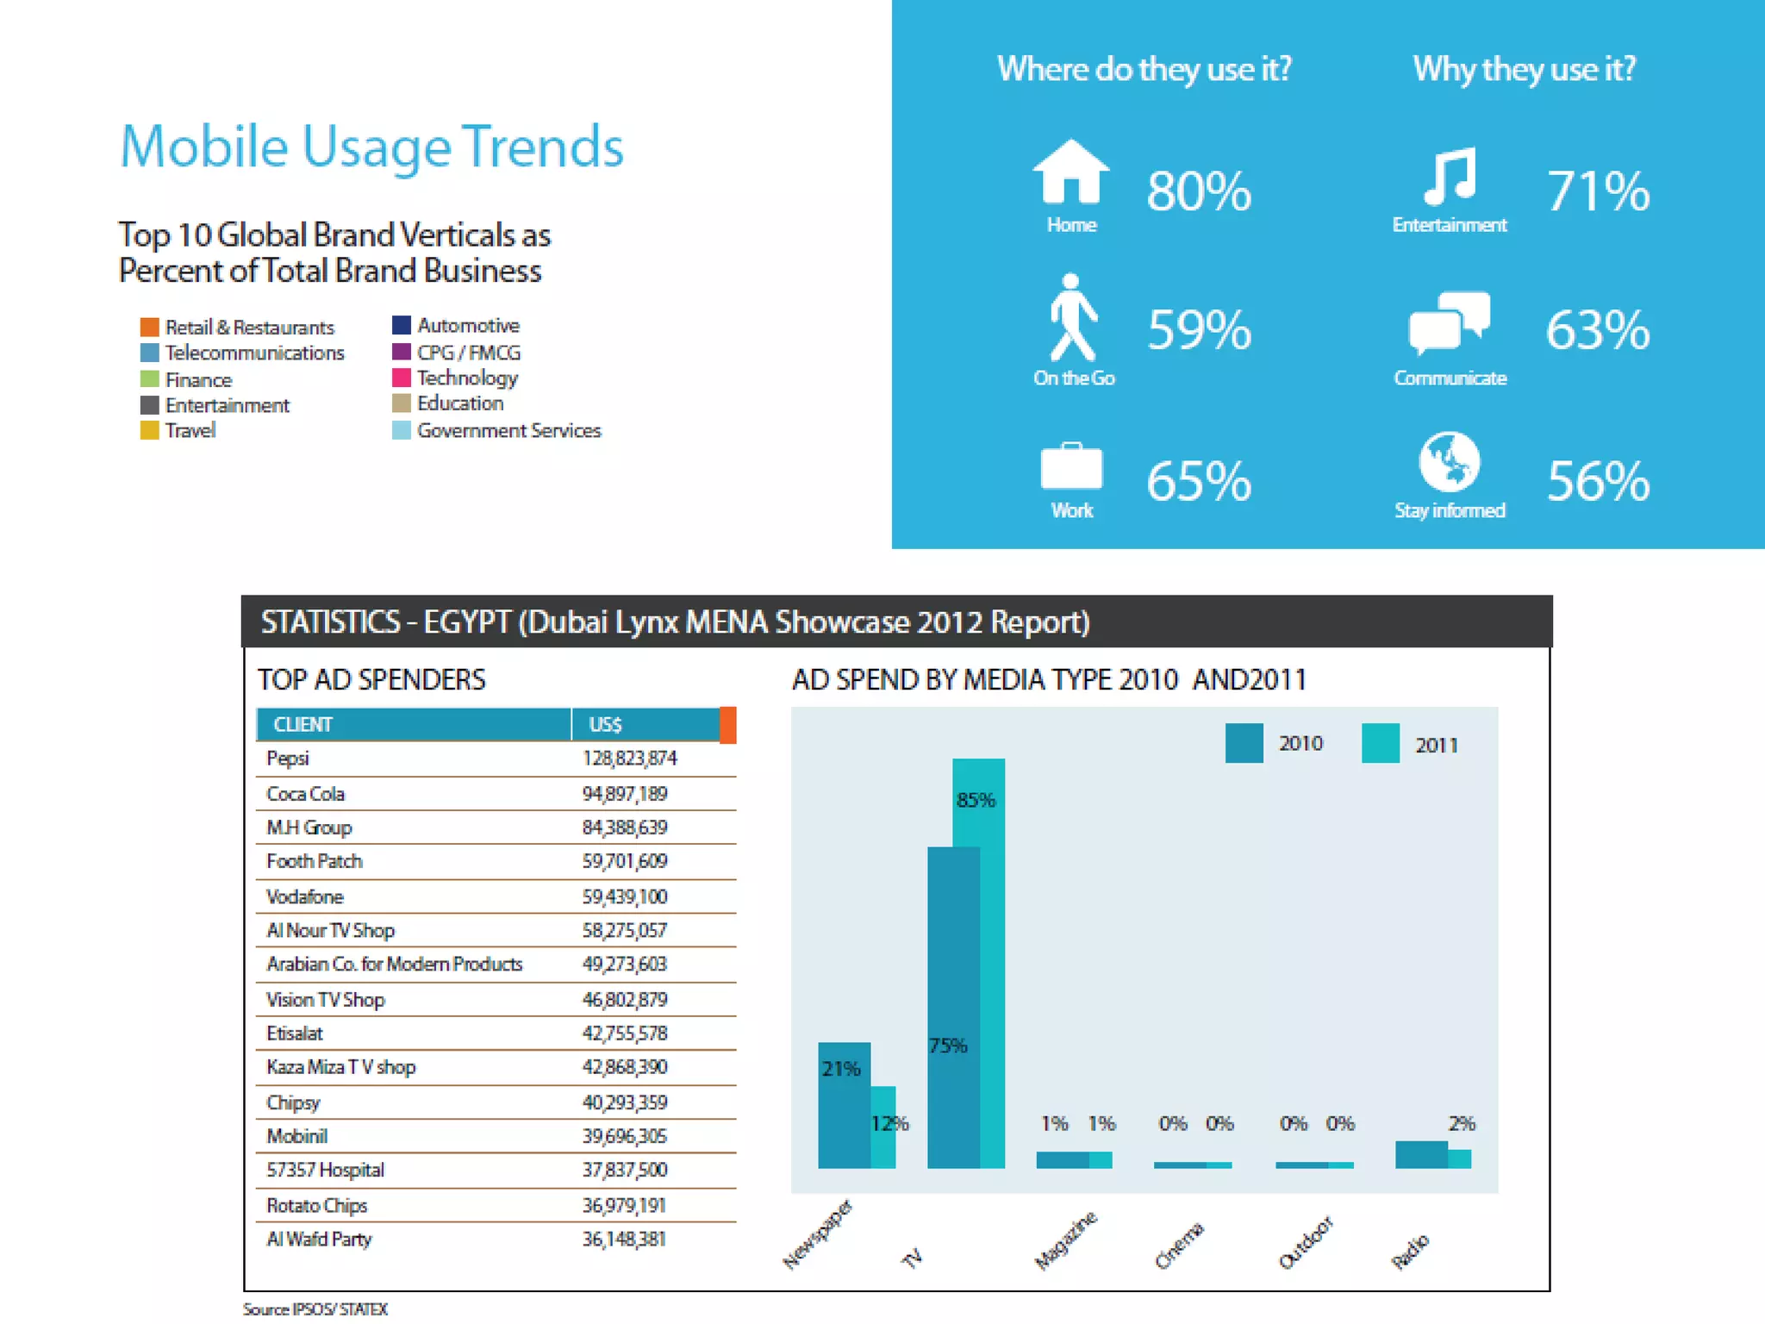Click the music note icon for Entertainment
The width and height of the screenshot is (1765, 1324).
1450,177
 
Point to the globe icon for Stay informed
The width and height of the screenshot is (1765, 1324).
1450,461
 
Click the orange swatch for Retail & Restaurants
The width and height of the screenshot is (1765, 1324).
150,328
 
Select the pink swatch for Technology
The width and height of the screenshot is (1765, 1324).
402,378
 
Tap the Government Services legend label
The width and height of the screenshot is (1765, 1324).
508,430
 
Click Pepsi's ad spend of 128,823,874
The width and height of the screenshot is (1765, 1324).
629,759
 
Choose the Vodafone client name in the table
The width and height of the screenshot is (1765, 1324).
304,896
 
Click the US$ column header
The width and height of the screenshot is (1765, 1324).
605,725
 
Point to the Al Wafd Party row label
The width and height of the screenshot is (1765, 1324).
319,1240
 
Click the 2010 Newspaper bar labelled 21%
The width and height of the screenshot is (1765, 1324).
843,1112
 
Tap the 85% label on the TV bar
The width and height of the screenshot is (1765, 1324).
976,800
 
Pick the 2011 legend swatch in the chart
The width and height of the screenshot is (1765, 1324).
1381,744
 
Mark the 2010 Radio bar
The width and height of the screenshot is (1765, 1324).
1420,1155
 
